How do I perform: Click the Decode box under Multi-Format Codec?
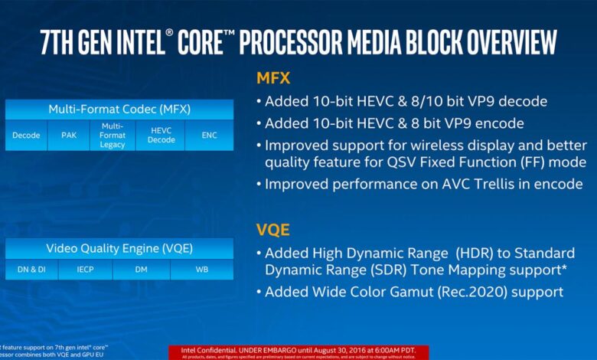(x=26, y=136)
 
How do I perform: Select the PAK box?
(x=69, y=136)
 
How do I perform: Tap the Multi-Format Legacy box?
(x=113, y=136)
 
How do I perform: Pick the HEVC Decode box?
(x=161, y=136)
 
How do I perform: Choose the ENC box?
(x=209, y=136)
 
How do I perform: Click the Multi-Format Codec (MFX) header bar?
(x=120, y=109)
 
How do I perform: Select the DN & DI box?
(x=32, y=270)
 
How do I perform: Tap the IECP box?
(x=85, y=270)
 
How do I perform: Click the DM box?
(x=141, y=270)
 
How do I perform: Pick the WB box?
(x=201, y=270)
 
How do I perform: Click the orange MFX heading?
(x=275, y=78)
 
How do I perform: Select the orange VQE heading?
(x=273, y=230)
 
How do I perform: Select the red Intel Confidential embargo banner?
(x=298, y=351)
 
